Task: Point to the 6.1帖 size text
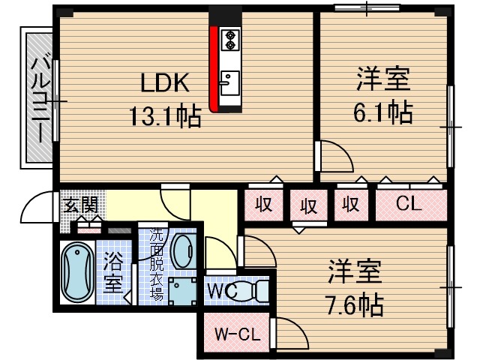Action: click(x=382, y=112)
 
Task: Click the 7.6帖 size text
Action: click(x=354, y=303)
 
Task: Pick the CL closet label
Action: click(x=409, y=203)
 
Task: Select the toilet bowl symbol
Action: click(x=255, y=290)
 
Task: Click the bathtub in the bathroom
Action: click(x=75, y=271)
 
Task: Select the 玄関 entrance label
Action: click(x=79, y=205)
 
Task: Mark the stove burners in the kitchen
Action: click(x=229, y=39)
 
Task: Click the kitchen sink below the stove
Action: click(x=229, y=81)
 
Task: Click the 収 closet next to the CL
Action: click(x=349, y=203)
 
